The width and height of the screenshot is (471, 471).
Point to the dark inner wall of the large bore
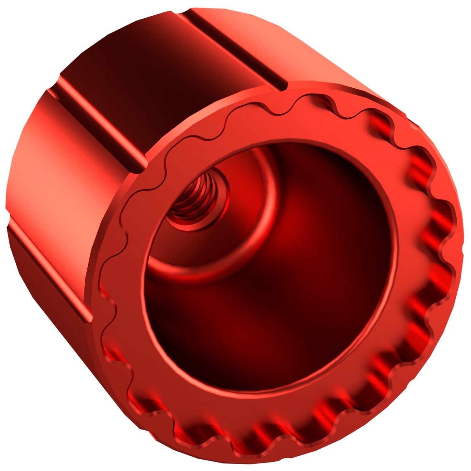326,261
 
